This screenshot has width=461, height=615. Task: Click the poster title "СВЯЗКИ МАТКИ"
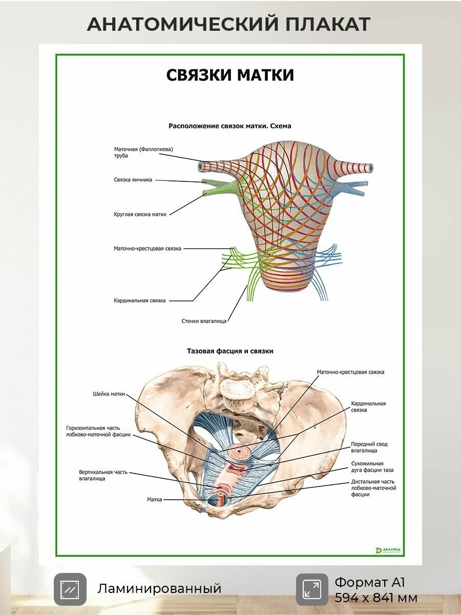(230, 75)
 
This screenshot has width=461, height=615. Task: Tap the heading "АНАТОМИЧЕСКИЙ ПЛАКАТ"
(228, 24)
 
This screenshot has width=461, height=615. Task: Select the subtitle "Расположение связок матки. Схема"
(229, 126)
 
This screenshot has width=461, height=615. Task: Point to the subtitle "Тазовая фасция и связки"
(230, 351)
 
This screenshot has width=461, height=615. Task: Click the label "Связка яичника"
(133, 179)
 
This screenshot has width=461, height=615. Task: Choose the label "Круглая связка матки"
(140, 214)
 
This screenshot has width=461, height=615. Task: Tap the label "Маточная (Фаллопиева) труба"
(143, 152)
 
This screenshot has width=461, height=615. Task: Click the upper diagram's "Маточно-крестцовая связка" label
(147, 248)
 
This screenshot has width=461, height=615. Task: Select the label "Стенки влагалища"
(204, 321)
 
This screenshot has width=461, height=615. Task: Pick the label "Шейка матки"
(109, 394)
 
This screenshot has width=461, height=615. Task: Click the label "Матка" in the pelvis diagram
(155, 500)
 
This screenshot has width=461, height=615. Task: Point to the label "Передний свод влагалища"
(369, 447)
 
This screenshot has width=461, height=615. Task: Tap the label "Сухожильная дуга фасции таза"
(372, 467)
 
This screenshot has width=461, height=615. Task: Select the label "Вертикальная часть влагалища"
(103, 475)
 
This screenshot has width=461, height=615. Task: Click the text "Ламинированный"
(159, 589)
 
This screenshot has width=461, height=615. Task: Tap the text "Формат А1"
(370, 582)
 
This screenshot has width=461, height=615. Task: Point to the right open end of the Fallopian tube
(371, 168)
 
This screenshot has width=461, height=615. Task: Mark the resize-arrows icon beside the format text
(312, 589)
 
